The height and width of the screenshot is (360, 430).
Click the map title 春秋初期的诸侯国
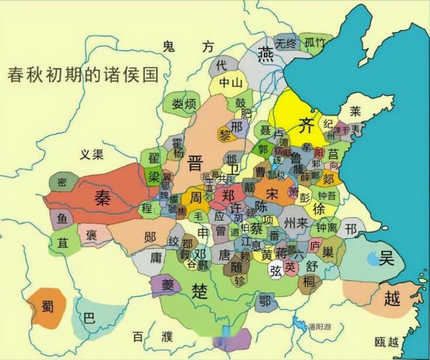point(82,74)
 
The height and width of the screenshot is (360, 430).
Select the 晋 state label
point(195,163)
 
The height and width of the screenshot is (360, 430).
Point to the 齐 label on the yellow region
point(306,120)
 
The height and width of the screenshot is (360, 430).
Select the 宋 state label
point(272,194)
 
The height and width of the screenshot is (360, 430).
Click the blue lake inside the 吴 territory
point(373,258)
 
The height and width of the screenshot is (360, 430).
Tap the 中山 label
point(231,82)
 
